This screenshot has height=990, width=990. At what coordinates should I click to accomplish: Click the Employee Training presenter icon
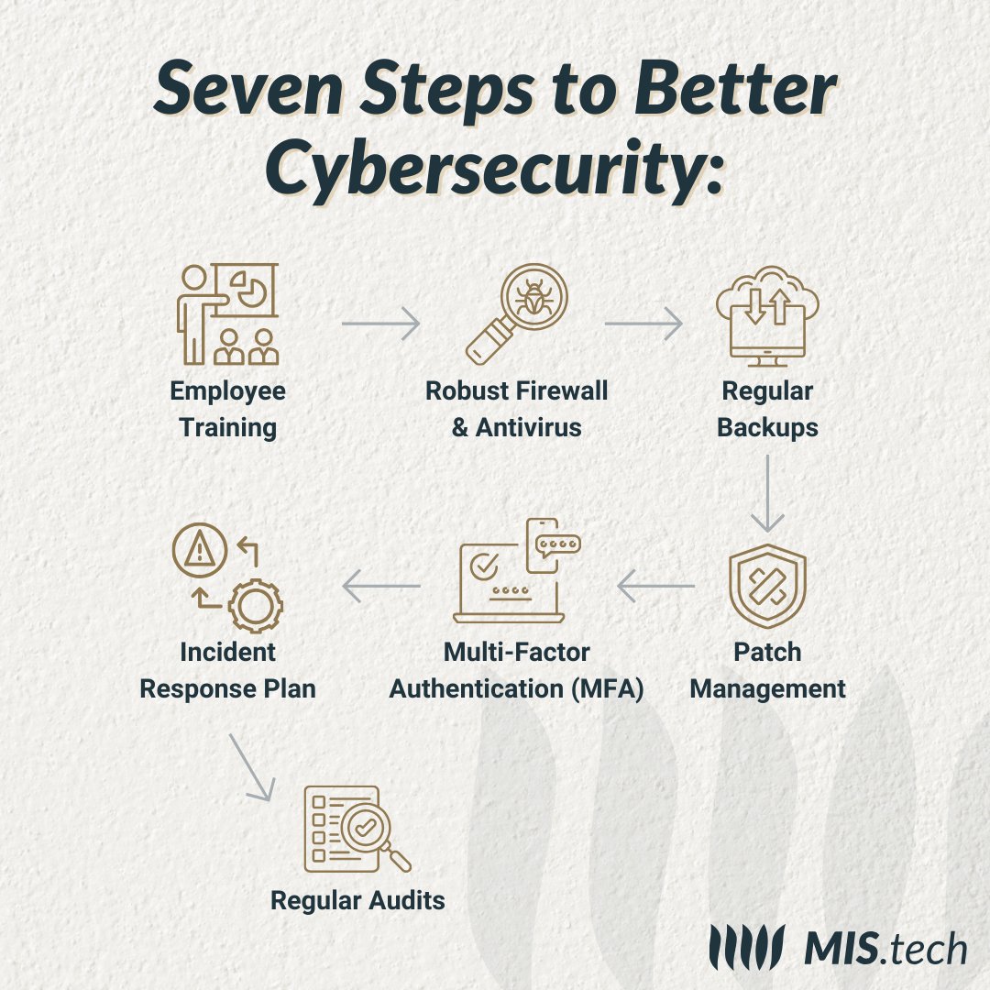click(x=226, y=313)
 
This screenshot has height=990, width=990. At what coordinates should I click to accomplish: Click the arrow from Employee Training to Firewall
click(x=379, y=323)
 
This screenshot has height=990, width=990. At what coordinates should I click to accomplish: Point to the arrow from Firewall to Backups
click(x=643, y=323)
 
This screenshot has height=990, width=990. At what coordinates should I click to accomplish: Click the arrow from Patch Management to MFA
click(x=655, y=586)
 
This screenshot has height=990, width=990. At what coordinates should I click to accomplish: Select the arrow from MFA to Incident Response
click(x=380, y=586)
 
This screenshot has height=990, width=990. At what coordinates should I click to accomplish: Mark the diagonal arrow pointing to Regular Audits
click(x=250, y=766)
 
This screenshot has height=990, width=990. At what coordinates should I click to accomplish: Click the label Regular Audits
click(x=357, y=900)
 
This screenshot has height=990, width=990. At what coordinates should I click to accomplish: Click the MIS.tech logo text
click(x=884, y=948)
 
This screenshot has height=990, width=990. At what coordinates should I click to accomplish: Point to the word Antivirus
click(x=528, y=427)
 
